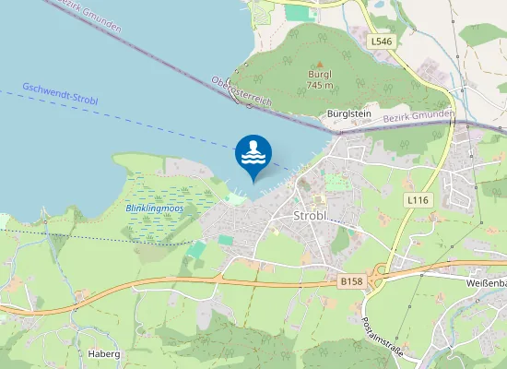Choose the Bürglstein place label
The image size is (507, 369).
[x=349, y=113]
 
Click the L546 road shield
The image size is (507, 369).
[x=382, y=42]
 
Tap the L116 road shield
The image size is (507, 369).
[x=419, y=199]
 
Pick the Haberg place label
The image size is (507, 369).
[x=104, y=352]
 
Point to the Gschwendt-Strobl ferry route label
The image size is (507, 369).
[x=60, y=93]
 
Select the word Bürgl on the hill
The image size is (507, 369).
[x=320, y=76]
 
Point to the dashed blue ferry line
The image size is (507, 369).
[x=138, y=118]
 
